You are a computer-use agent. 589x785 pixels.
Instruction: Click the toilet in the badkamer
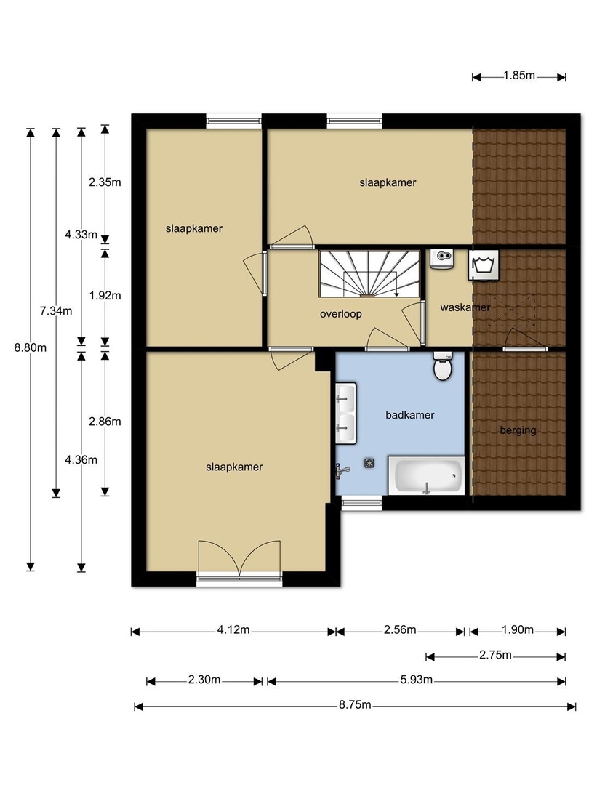pos(443,366)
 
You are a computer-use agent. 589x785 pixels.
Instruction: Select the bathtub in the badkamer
pos(427,475)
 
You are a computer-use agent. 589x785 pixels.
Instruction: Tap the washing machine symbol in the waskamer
pos(484,265)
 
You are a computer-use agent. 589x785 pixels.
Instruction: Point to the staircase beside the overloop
pos(369,274)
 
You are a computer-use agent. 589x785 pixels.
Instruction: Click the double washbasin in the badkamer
pos(345,413)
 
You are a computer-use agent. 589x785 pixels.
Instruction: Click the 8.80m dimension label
pos(30,347)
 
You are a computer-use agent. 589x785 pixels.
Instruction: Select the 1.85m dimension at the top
pos(519,76)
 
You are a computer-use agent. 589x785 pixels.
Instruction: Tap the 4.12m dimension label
pos(233,629)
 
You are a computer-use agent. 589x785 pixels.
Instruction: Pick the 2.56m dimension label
pos(400,629)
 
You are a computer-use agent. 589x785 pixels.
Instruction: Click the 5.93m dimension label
pos(416,680)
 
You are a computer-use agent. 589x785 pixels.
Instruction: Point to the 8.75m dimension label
pos(355,705)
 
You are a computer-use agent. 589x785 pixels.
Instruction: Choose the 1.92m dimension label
pos(105,295)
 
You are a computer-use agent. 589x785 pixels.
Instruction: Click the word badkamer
pos(409,415)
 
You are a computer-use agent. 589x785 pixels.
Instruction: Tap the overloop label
pos(340,315)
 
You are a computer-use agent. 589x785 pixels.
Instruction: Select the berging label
pos(518,430)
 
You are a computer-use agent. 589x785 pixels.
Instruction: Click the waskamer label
pos(465,307)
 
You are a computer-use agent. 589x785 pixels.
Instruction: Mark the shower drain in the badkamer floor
pos(369,463)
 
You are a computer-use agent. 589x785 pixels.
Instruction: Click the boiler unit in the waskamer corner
pos(442,259)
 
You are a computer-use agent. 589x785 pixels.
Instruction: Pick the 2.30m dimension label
pos(204,680)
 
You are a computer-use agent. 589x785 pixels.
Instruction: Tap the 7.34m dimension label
pos(56,311)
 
